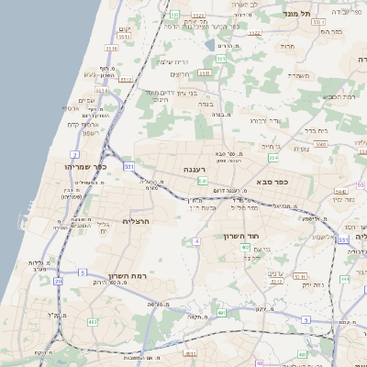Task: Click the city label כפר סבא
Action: click(x=273, y=182)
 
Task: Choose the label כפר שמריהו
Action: click(x=86, y=167)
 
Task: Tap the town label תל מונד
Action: click(x=325, y=13)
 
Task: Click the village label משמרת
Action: click(x=300, y=75)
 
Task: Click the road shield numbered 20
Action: click(x=58, y=282)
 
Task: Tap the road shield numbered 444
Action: click(x=344, y=278)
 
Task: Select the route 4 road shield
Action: click(x=196, y=240)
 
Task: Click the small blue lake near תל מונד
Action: click(x=210, y=44)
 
